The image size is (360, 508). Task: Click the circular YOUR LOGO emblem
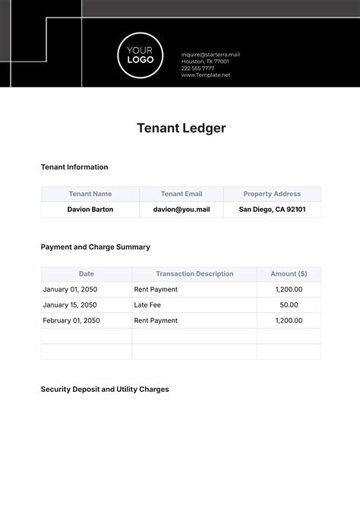point(141,54)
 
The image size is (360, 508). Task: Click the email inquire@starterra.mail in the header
point(210,55)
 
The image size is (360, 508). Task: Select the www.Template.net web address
point(205,75)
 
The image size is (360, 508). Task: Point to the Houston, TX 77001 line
point(204,62)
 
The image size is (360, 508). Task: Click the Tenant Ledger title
point(181,128)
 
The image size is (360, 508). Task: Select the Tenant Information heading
point(74,167)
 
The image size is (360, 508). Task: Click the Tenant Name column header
point(90,194)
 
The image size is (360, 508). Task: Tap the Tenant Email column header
point(182,194)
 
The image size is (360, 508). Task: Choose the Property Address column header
point(272,194)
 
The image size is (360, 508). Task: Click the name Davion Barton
point(90,210)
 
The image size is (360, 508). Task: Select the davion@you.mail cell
point(182,210)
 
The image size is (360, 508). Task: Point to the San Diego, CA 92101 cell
point(272,210)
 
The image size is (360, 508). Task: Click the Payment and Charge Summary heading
point(96,247)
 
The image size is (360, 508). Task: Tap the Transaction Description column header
point(194,274)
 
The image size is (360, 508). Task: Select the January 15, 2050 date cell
point(70,305)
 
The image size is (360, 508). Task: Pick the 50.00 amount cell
point(289,305)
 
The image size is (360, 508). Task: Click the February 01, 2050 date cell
point(71,320)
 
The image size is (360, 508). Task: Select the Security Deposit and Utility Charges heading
point(105,390)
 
